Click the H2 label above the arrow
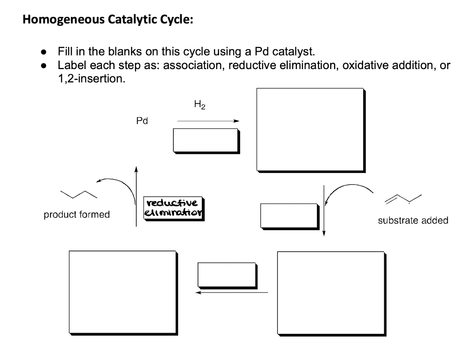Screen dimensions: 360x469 tap(200, 105)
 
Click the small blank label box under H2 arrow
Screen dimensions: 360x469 tap(206, 140)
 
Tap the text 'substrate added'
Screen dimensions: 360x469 tap(413, 221)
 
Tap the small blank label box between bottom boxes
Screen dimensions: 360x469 tap(226, 274)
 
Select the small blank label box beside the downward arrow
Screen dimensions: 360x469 tap(289, 215)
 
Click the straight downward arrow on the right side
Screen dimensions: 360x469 tap(324, 209)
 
